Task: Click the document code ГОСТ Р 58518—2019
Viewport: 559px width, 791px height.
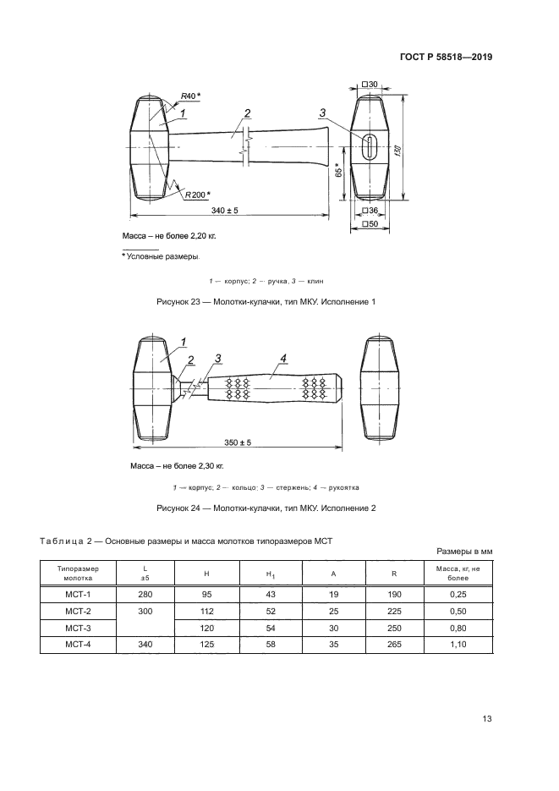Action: (445, 58)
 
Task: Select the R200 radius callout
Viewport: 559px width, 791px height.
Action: (195, 195)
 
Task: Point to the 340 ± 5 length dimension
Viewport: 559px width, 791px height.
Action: (224, 210)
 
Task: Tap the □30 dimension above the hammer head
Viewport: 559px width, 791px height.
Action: (370, 85)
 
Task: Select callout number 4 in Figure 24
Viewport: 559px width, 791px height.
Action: (284, 359)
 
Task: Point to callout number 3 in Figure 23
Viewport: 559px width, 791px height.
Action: (323, 113)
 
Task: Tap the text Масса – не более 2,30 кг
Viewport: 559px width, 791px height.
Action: (177, 465)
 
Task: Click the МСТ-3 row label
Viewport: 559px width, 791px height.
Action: (78, 628)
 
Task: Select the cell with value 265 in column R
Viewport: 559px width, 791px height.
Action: (393, 645)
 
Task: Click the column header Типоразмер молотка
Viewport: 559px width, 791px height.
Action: (78, 573)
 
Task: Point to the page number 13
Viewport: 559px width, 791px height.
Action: (486, 719)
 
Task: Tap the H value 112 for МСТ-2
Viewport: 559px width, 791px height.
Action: (206, 611)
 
